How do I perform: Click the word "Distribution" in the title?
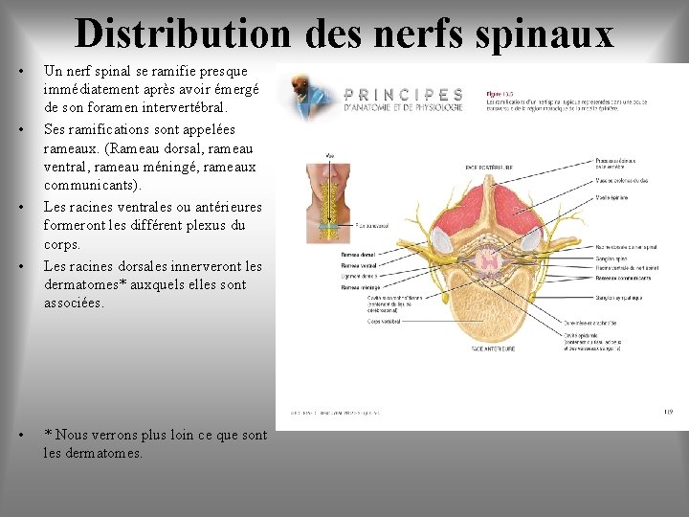(181, 34)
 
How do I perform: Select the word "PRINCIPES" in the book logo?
(403, 95)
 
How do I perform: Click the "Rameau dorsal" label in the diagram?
(332, 255)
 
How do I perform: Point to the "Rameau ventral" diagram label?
(333, 265)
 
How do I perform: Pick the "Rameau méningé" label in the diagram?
(334, 286)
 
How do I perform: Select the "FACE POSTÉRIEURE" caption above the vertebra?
(489, 167)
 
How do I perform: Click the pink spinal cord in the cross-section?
(489, 258)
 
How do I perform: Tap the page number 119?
(667, 413)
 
